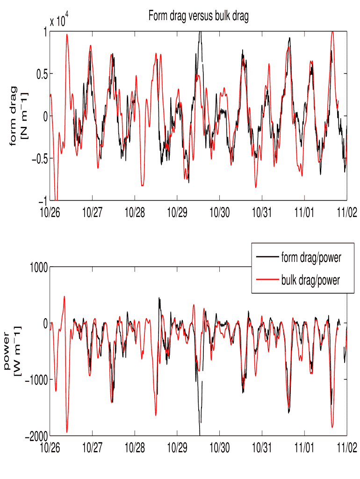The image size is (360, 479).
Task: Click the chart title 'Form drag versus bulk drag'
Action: coord(198,16)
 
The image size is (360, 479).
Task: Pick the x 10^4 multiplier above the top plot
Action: coord(60,21)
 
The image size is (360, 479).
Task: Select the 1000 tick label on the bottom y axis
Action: coord(37,267)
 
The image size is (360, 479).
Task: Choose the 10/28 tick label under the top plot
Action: coord(135,211)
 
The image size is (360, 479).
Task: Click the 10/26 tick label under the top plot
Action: coord(50,211)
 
